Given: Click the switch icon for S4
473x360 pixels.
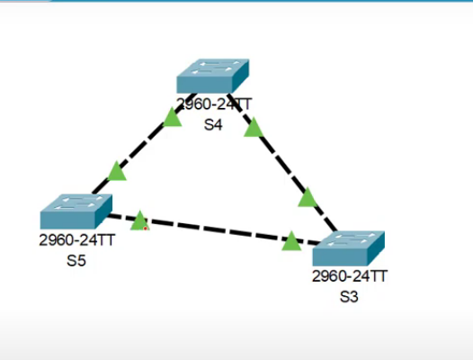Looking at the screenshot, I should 212,76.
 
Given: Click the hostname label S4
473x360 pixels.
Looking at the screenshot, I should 213,125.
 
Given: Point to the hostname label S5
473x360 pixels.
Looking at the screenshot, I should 76,262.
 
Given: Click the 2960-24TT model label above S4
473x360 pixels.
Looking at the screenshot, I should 214,105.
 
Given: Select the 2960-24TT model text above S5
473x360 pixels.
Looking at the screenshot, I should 76,241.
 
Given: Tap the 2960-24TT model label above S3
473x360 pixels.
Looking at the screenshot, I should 349,276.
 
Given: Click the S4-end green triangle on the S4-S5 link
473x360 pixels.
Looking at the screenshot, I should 173,116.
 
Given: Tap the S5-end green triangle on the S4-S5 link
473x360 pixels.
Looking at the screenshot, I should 117,169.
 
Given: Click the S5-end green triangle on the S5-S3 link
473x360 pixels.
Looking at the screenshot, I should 138,220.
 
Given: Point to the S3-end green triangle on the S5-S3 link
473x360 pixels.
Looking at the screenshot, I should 290,240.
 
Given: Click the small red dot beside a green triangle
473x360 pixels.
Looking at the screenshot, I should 147,229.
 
